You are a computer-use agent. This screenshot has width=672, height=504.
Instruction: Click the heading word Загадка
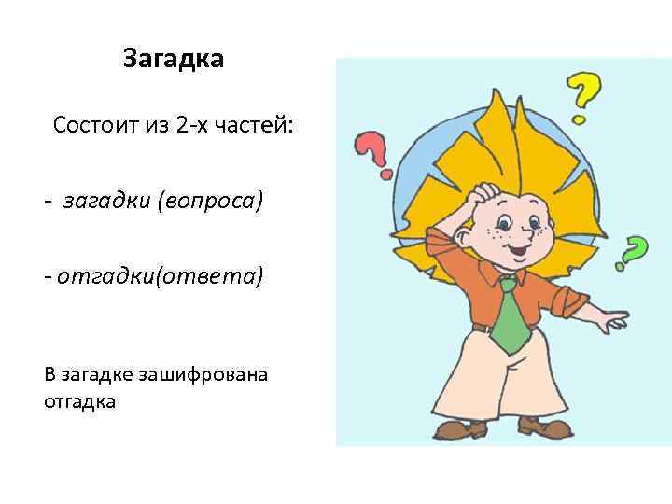pyautogui.click(x=173, y=61)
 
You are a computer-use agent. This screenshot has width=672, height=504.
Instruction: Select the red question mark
pyautogui.click(x=372, y=151)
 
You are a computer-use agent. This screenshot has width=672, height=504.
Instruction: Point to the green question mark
pyautogui.click(x=634, y=252)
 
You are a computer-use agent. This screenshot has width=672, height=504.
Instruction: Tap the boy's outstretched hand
pyautogui.click(x=612, y=323)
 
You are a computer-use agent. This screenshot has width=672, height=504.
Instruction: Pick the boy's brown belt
pyautogui.click(x=481, y=327)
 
